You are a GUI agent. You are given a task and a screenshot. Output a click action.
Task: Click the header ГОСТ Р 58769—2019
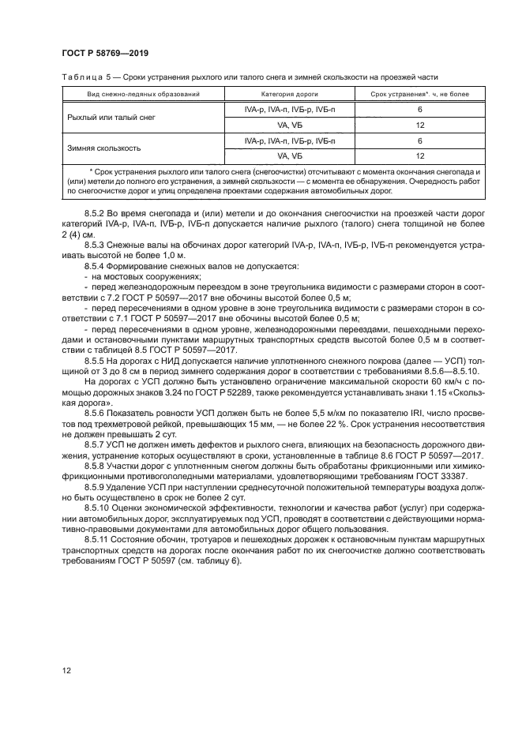click(x=106, y=53)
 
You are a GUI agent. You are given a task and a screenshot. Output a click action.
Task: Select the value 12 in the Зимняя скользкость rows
click(x=419, y=155)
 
